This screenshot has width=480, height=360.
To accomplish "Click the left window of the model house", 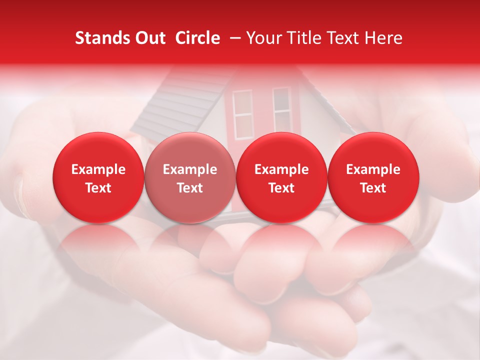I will [x=243, y=114].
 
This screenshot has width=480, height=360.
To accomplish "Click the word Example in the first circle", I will [x=98, y=169].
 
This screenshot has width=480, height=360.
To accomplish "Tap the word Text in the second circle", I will [x=190, y=188].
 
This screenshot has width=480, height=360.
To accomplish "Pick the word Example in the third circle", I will [x=281, y=169].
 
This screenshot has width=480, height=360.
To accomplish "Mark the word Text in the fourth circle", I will [x=373, y=188].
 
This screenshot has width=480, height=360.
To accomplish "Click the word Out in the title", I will [x=150, y=38].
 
